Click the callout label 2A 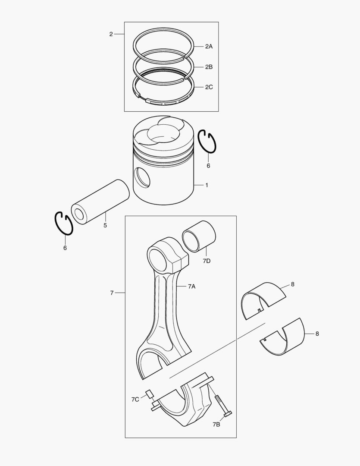coord(209,46)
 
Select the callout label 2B coord(209,67)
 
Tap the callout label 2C coord(209,87)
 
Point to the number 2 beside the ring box coord(111,34)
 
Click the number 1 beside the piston coord(207,185)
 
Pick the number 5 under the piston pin coord(105,225)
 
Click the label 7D coord(207,261)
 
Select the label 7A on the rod coord(191,287)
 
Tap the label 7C coord(135,400)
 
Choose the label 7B coord(216,425)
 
